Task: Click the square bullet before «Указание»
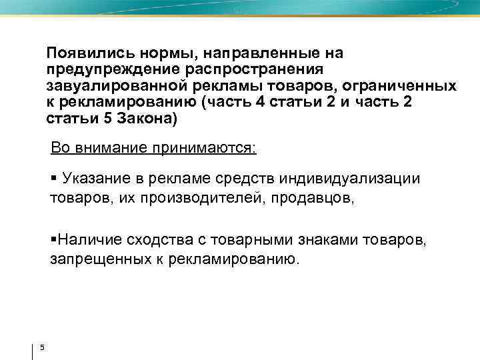click(53, 179)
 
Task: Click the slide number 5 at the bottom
click(41, 347)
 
